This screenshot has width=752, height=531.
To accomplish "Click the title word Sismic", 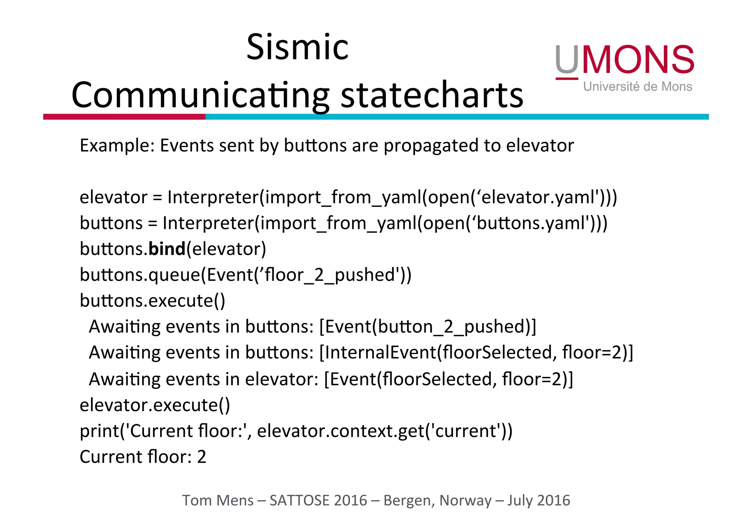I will [x=297, y=47].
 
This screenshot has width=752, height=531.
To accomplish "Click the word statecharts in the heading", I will [x=432, y=95].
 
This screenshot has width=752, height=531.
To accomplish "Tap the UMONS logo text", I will [x=624, y=60].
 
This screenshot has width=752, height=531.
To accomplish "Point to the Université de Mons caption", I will [x=637, y=87].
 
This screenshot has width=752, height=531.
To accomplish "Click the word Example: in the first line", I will [x=117, y=146].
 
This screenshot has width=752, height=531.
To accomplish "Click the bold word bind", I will [x=167, y=249].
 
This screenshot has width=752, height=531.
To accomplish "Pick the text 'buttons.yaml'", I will [x=531, y=223].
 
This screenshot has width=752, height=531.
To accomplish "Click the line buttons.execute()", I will [x=152, y=301].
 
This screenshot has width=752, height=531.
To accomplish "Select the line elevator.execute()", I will [x=155, y=405].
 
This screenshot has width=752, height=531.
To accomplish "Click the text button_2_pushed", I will [x=452, y=327].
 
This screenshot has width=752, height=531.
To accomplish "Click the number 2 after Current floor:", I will [x=202, y=457].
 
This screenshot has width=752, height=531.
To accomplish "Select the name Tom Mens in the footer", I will [x=218, y=501].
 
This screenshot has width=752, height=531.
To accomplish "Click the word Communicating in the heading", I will [x=200, y=95].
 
